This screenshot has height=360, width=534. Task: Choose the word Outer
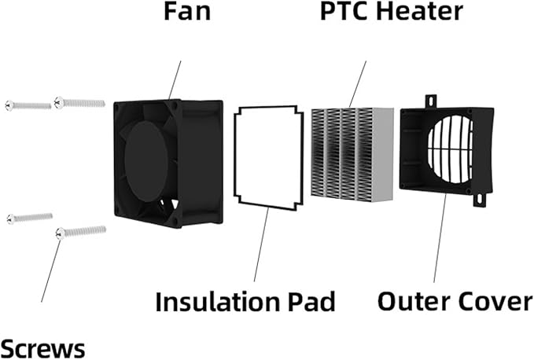(412, 301)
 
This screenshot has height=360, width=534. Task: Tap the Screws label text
(42, 346)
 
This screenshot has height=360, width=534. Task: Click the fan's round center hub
(146, 161)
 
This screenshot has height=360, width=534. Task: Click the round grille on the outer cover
(452, 149)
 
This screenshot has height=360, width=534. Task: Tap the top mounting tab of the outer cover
(430, 102)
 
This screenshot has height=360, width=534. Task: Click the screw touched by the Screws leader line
(80, 231)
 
